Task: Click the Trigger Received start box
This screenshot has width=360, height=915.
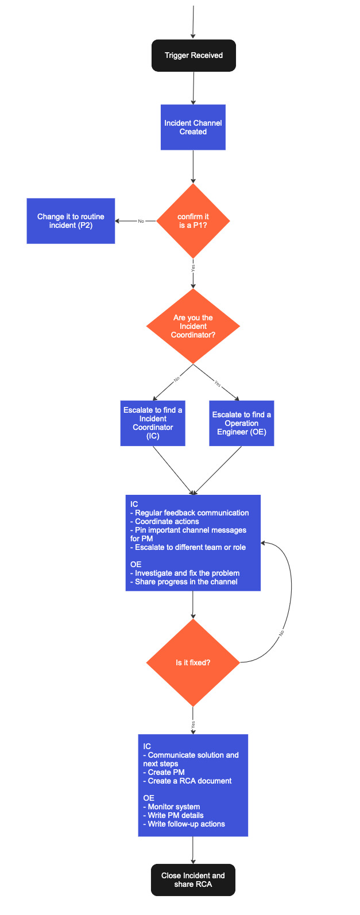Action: [x=193, y=56]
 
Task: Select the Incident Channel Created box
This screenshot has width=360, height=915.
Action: [x=193, y=127]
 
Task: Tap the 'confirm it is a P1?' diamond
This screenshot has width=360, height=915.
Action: [x=193, y=221]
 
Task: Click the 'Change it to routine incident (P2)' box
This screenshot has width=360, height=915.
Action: [x=71, y=221]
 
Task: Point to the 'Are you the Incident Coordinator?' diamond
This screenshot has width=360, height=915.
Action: [x=193, y=326]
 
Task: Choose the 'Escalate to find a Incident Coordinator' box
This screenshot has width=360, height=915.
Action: [x=153, y=423]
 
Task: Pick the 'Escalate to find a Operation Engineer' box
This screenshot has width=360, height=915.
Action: [x=241, y=423]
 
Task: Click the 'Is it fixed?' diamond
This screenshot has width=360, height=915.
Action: [x=193, y=662]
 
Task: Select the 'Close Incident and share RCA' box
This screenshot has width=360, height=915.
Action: [x=193, y=880]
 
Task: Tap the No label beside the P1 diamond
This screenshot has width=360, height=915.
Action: [x=141, y=221]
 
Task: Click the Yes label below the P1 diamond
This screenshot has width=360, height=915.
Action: [x=193, y=267]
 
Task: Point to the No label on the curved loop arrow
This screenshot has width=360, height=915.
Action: [x=282, y=633]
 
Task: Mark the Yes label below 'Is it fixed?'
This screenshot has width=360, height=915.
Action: [x=193, y=724]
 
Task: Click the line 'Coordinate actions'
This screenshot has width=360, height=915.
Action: [x=167, y=522]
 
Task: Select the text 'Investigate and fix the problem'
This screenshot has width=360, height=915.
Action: [x=187, y=573]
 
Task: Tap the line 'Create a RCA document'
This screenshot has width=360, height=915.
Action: [x=189, y=781]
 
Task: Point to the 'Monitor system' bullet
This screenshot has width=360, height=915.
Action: [x=173, y=807]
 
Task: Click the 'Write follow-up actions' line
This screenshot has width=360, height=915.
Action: [x=186, y=824]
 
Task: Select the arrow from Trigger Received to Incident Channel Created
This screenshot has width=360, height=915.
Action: [x=193, y=88]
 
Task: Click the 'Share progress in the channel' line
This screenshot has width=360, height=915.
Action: [x=185, y=581]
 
